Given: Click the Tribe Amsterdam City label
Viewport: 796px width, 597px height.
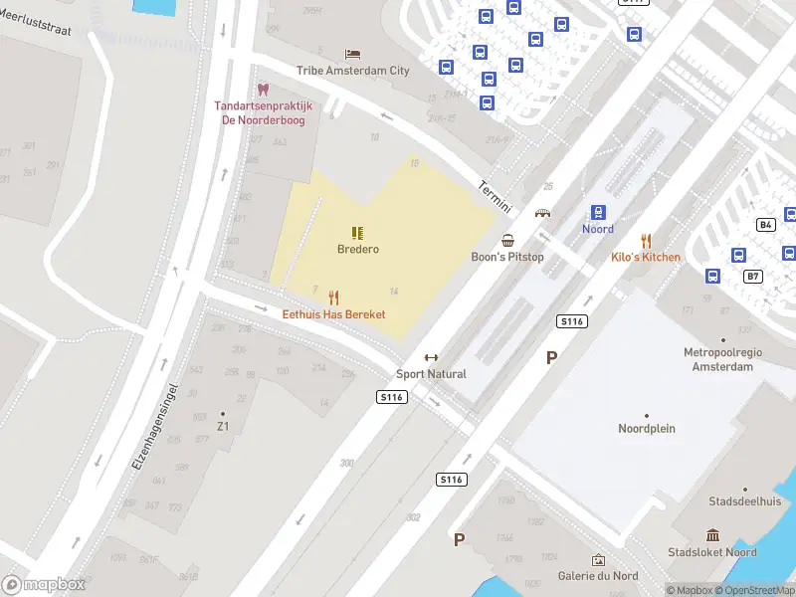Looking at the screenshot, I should pyautogui.click(x=352, y=71).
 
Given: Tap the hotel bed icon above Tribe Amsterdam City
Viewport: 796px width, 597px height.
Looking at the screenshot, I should pyautogui.click(x=352, y=54).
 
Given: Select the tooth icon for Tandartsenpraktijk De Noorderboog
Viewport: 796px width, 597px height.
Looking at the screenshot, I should pyautogui.click(x=263, y=90).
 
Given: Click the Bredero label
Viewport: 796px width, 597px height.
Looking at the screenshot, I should pyautogui.click(x=357, y=250).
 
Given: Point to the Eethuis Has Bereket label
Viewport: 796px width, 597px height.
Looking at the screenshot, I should pyautogui.click(x=333, y=314).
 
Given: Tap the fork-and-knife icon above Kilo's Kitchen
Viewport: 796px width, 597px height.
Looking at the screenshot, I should pyautogui.click(x=646, y=240).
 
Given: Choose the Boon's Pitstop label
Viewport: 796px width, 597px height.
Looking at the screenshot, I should pyautogui.click(x=507, y=257).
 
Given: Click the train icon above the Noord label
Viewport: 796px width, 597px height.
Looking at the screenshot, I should pyautogui.click(x=598, y=212).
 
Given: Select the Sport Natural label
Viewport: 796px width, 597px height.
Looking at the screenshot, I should pyautogui.click(x=431, y=374).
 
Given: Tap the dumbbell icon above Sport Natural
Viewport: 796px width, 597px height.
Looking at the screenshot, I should pyautogui.click(x=431, y=358).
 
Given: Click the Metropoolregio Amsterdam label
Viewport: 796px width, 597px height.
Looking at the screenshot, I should pyautogui.click(x=718, y=359).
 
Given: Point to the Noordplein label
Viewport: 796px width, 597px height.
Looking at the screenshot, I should pyautogui.click(x=647, y=429).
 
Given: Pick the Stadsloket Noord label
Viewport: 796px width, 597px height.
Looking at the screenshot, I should pyautogui.click(x=712, y=552).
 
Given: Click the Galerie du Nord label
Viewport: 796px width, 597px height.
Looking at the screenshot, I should pyautogui.click(x=598, y=576).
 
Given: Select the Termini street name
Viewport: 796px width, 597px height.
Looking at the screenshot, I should pyautogui.click(x=495, y=196).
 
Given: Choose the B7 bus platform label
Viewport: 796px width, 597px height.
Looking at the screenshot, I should pyautogui.click(x=752, y=276).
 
